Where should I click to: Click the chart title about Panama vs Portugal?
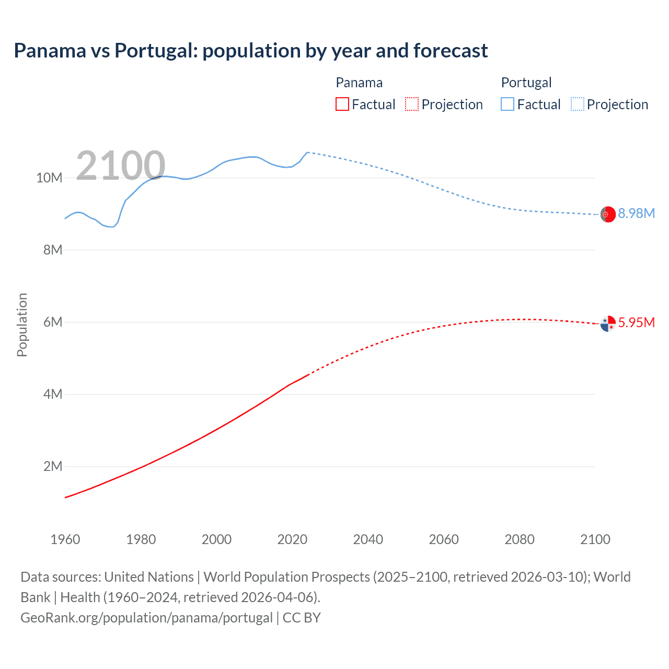251,51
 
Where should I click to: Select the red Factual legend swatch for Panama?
342,104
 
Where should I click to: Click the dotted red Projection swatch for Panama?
412,104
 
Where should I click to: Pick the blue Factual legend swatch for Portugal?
507,104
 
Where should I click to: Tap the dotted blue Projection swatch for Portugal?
578,104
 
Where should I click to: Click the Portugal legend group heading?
526,83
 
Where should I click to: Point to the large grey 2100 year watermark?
121,166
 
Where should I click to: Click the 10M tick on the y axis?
49,178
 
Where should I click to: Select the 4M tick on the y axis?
53,394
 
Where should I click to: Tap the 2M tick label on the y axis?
53,466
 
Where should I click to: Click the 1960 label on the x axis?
65,539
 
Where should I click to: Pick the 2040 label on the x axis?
368,539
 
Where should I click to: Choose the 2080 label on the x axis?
520,539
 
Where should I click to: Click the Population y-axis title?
22,325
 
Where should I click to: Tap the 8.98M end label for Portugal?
636,213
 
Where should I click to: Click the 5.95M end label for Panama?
636,322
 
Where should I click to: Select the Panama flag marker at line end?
608,324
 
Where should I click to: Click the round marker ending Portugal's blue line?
608,214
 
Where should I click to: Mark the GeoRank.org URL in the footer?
146,618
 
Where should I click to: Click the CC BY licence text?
302,618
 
